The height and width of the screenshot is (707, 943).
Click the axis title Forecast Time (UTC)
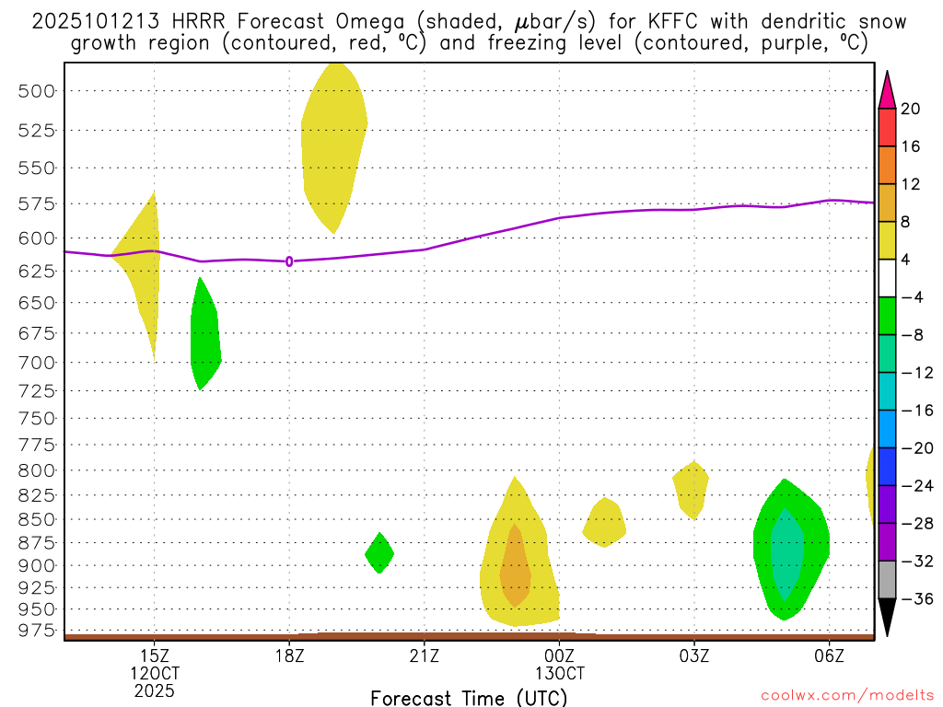469,698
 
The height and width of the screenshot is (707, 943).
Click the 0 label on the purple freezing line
289,261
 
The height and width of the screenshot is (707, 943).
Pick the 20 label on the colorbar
911,109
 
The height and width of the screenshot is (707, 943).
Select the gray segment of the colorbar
887,579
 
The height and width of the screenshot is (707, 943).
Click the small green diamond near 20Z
379,553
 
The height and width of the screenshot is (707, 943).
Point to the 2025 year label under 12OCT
155,690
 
